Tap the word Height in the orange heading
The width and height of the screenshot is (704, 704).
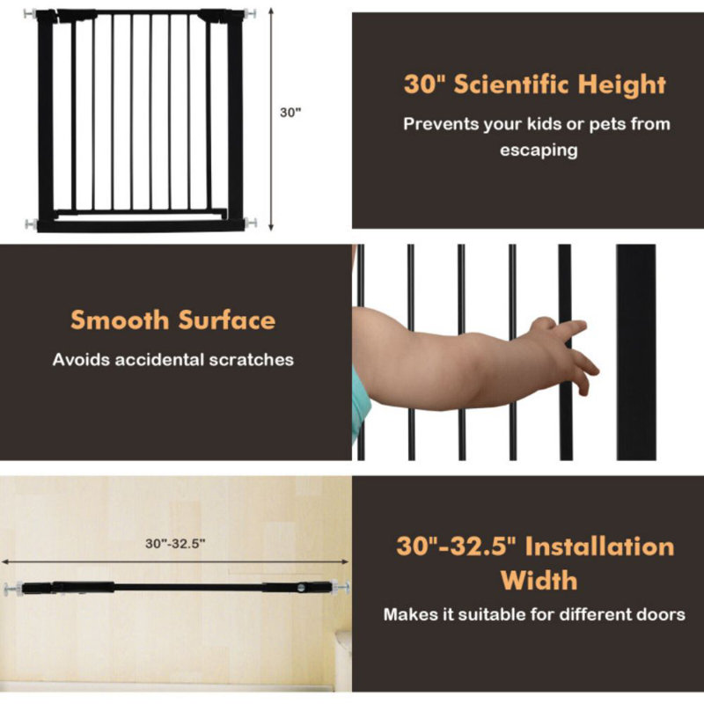621,85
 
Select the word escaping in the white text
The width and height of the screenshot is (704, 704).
539,150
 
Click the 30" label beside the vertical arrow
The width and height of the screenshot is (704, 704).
290,113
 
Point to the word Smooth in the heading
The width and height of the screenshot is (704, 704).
120,320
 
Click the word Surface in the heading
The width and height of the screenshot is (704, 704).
226,320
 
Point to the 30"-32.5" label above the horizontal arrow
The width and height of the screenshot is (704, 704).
175,544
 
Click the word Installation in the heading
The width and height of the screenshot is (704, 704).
599,546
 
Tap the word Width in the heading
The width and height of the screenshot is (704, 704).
539,581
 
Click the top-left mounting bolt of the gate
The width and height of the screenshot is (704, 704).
31,14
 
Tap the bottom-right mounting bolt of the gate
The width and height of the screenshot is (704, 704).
251,223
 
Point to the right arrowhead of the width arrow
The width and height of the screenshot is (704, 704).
345,561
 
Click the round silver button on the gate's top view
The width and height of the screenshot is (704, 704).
301,587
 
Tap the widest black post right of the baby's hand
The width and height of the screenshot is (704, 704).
635,352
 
